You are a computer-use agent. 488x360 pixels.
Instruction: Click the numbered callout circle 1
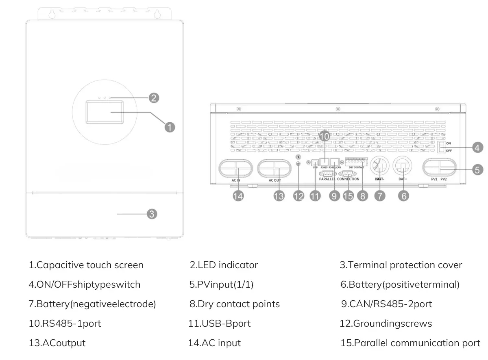pyautogui.click(x=170, y=127)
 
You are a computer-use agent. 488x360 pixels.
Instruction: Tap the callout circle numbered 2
pyautogui.click(x=153, y=98)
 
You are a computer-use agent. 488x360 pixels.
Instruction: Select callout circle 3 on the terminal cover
pyautogui.click(x=151, y=214)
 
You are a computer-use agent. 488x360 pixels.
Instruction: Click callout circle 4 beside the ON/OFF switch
pyautogui.click(x=477, y=147)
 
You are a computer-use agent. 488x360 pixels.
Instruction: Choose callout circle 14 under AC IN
pyautogui.click(x=238, y=196)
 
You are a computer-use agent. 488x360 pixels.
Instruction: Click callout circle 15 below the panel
pyautogui.click(x=348, y=196)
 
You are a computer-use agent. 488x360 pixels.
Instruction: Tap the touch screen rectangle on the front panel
pyautogui.click(x=104, y=113)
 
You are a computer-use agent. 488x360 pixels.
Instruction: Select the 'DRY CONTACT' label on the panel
pyautogui.click(x=357, y=167)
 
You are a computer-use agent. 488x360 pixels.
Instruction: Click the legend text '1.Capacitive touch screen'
pyautogui.click(x=86, y=265)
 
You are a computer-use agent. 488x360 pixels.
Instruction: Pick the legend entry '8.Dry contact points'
pyautogui.click(x=235, y=304)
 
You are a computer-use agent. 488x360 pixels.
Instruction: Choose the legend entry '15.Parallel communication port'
pyautogui.click(x=410, y=343)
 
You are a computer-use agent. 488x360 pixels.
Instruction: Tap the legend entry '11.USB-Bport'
pyautogui.click(x=219, y=323)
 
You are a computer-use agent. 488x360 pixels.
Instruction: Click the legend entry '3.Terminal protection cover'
pyautogui.click(x=401, y=265)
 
